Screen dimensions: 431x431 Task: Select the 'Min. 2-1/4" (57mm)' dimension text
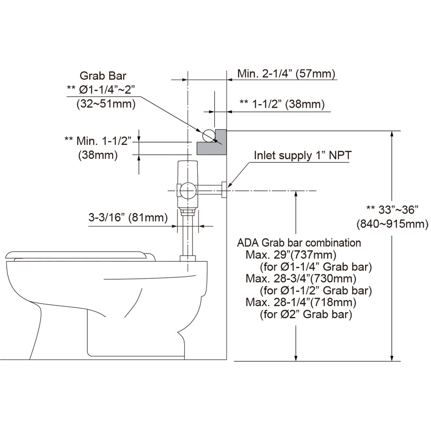coord(286,74)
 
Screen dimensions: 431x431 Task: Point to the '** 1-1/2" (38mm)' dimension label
coord(282,104)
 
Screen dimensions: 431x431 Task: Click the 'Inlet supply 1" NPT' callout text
coord(303,156)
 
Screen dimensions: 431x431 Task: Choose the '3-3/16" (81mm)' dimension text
coord(128,218)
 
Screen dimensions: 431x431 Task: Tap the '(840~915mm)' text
coord(392,224)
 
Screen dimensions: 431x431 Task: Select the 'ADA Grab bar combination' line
coord(299,242)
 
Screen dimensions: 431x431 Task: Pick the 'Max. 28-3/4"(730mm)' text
coord(301,279)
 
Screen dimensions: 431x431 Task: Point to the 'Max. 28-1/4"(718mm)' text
coord(301,303)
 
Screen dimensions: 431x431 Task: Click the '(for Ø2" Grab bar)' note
coord(303,315)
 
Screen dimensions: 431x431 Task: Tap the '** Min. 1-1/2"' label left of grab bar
coord(98,141)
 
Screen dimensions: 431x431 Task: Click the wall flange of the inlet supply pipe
coord(224,190)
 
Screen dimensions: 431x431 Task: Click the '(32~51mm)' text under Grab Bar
coord(106,103)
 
